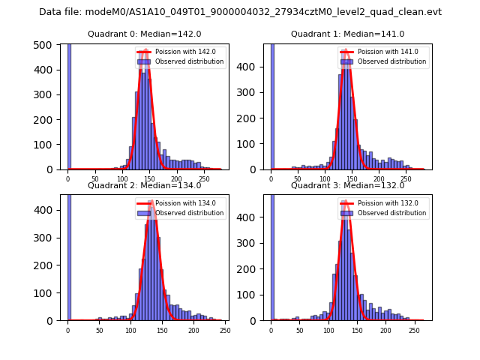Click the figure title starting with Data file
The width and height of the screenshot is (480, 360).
click(x=240, y=12)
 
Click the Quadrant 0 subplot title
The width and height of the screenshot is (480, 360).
click(x=145, y=34)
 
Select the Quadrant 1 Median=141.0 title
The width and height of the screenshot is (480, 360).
click(x=347, y=34)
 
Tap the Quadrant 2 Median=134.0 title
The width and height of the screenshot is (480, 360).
click(x=145, y=185)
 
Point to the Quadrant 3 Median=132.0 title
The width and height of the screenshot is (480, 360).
click(x=347, y=185)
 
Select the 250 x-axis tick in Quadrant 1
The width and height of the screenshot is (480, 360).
click(x=406, y=179)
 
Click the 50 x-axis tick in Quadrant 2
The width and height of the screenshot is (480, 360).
click(x=100, y=330)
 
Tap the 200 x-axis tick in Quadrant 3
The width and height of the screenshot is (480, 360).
click(x=385, y=330)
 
